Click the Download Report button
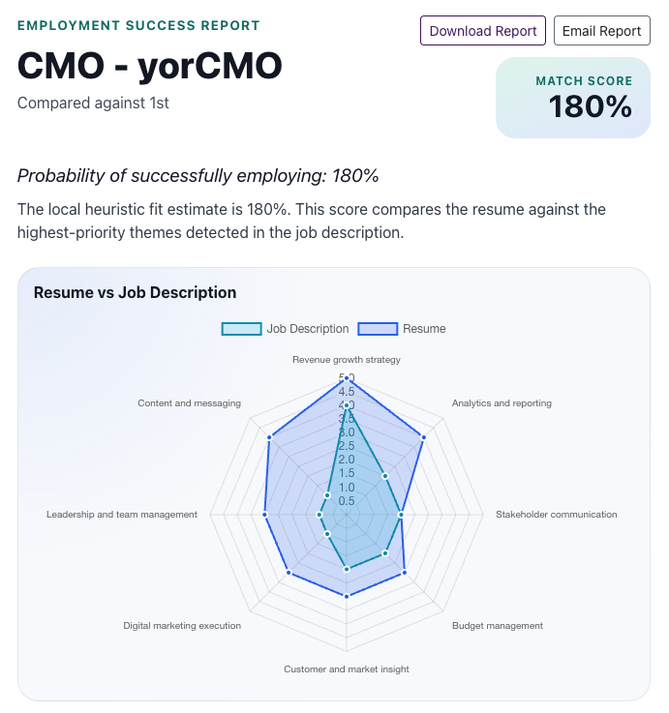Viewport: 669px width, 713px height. pos(483,31)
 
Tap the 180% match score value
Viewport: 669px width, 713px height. pos(591,106)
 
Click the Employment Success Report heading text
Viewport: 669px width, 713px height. pos(138,25)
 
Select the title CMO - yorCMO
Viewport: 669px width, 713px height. pos(150,66)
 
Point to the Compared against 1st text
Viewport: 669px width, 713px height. pos(93,102)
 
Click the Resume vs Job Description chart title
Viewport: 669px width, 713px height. pos(135,292)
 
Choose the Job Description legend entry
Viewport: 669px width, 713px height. pos(286,329)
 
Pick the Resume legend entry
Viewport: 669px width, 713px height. pos(402,329)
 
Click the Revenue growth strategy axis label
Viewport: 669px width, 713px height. pos(347,360)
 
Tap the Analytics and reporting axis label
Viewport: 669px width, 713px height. pos(502,403)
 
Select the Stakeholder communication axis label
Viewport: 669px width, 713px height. pos(556,515)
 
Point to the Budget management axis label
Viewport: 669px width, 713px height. pos(498,626)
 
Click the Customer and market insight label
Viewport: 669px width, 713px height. pos(347,669)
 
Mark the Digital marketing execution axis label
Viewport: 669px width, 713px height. pos(182,626)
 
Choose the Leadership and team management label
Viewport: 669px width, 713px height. pos(122,515)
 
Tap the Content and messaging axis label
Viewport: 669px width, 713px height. pos(189,403)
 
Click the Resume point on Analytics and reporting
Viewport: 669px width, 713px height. pos(424,437)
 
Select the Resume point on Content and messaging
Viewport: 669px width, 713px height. pos(269,437)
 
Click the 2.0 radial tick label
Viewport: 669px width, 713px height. pos(347,460)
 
